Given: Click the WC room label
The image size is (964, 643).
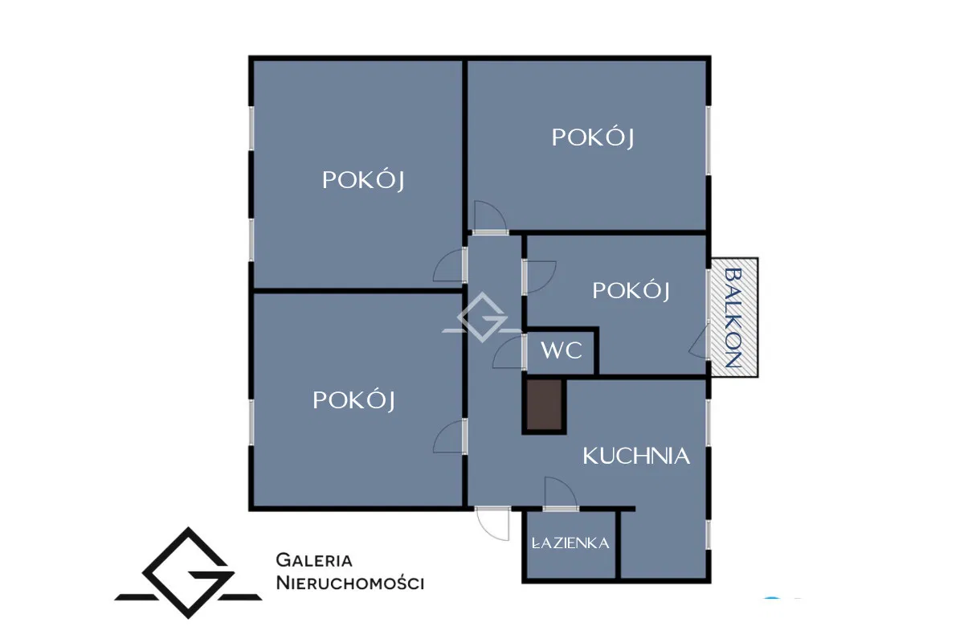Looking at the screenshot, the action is tap(562, 350).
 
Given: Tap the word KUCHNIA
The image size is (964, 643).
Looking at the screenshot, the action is tap(636, 456).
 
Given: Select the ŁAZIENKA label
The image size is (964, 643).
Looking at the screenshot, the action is tap(570, 543).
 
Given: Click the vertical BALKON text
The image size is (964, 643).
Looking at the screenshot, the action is tap(733, 317).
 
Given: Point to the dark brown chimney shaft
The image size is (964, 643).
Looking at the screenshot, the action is tap(545, 405).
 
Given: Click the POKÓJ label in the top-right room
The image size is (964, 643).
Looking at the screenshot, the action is tap(593, 137).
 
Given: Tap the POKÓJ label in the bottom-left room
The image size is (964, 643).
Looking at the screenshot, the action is tap(353, 400).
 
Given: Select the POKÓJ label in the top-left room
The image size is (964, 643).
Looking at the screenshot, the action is tap(363, 180).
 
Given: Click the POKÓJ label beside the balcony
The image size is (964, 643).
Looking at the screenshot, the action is tap(631, 291).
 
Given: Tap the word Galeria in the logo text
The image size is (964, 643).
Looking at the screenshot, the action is tap(314, 560).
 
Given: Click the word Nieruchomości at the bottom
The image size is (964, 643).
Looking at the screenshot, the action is tap(350, 584).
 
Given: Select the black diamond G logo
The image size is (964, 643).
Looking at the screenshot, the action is tap(188, 573).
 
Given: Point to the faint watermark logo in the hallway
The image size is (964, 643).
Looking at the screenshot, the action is tap(482, 317).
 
